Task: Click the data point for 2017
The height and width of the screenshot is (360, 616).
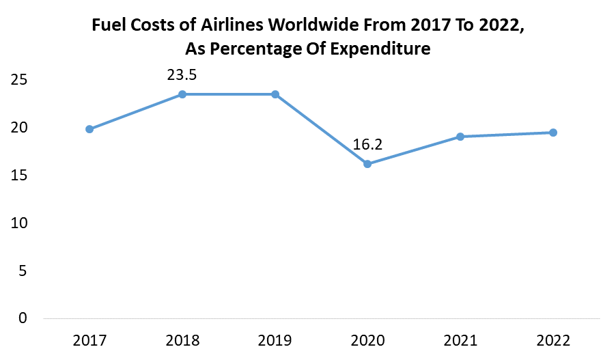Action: pyautogui.click(x=89, y=129)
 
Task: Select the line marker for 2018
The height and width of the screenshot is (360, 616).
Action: pyautogui.click(x=182, y=94)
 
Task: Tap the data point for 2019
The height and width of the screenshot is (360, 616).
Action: pyautogui.click(x=275, y=94)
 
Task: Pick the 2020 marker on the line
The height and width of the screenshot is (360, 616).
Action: pyautogui.click(x=367, y=164)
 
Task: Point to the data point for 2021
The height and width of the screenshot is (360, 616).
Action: pyautogui.click(x=460, y=137)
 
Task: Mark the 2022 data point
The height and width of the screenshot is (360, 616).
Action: pyautogui.click(x=553, y=133)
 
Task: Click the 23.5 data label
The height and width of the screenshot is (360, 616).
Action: pyautogui.click(x=182, y=74)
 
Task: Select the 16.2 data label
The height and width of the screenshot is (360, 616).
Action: pyautogui.click(x=367, y=145)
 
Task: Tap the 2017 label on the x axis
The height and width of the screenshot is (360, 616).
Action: pyautogui.click(x=89, y=340)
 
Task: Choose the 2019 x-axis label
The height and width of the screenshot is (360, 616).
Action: pyautogui.click(x=275, y=340)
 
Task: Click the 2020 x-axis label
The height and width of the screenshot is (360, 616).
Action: pyautogui.click(x=367, y=340)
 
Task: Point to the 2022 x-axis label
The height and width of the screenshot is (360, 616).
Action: pyautogui.click(x=553, y=340)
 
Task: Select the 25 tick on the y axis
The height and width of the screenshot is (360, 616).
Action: pyautogui.click(x=19, y=80)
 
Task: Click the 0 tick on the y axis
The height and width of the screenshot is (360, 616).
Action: pyautogui.click(x=23, y=318)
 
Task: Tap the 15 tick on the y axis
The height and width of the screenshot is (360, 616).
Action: pyautogui.click(x=19, y=176)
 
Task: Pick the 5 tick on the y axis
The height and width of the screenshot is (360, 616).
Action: pyautogui.click(x=23, y=271)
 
